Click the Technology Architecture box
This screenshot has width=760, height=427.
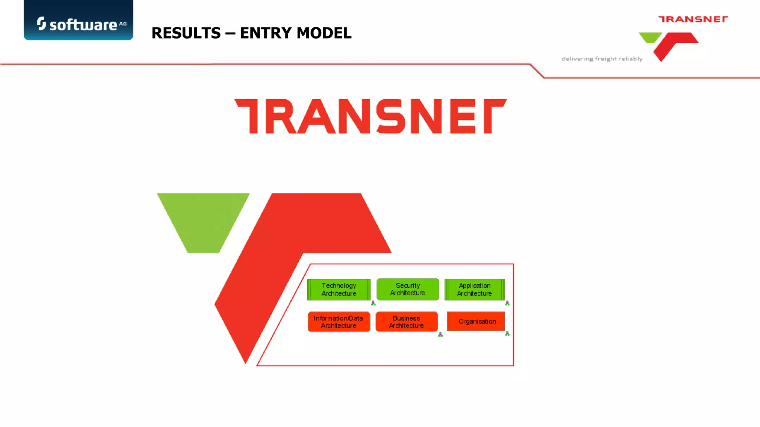click(339, 289)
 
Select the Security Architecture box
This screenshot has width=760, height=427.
click(407, 289)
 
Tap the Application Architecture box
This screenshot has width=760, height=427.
click(474, 289)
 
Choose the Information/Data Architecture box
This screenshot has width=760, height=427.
click(338, 322)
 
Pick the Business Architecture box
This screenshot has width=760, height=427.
click(406, 322)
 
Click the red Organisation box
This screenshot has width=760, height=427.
click(476, 321)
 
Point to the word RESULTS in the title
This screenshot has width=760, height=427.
click(186, 33)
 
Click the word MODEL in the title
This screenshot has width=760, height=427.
click(324, 33)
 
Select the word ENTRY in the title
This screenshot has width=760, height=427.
click(265, 33)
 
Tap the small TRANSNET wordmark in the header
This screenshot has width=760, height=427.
click(693, 19)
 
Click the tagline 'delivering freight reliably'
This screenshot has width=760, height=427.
click(602, 59)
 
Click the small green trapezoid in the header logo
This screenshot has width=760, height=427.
click(650, 37)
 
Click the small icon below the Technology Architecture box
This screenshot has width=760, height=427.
click(373, 303)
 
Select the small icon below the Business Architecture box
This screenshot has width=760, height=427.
click(440, 335)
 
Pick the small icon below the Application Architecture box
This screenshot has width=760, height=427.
click(507, 303)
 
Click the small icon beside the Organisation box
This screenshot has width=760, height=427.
click(507, 334)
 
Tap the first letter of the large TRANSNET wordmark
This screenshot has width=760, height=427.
click(248, 116)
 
